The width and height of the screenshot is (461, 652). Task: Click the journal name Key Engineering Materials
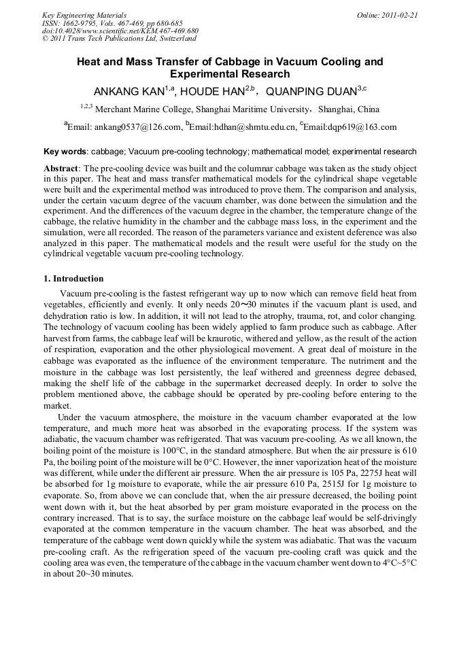point(84,14)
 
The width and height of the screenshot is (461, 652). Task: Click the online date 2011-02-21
point(398,14)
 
